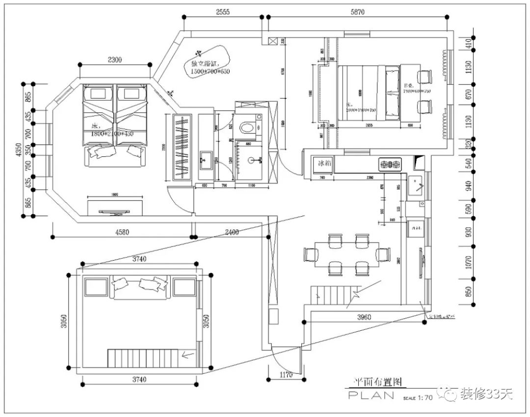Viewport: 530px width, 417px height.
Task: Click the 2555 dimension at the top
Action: tap(223, 12)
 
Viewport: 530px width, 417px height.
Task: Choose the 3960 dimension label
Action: tap(364, 317)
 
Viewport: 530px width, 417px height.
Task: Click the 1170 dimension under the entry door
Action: tap(286, 375)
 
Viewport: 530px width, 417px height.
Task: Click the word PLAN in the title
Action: tap(371, 395)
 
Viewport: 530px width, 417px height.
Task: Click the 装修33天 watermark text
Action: tap(486, 393)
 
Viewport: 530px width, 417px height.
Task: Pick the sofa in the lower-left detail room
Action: tap(140, 287)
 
